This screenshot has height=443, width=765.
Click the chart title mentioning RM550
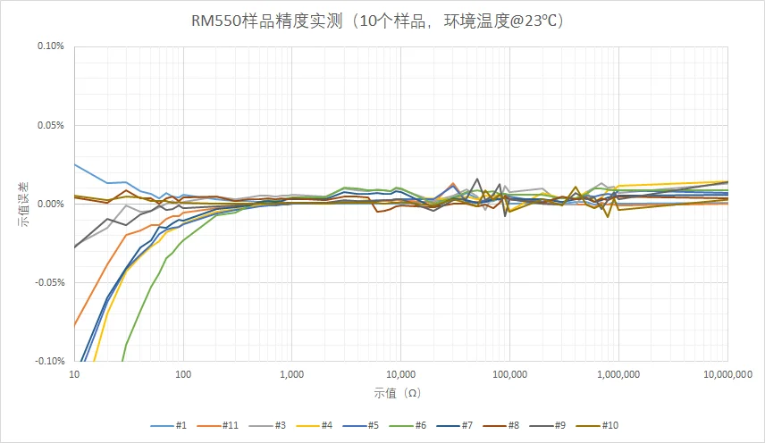point(382,20)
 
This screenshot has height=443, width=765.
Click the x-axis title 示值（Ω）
point(399,393)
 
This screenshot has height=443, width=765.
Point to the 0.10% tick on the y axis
point(51,46)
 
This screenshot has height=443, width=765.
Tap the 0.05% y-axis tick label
point(51,125)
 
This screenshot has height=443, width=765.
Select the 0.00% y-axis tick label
point(51,204)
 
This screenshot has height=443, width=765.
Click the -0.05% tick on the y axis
point(49,282)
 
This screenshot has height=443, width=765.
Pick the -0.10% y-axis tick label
point(49,361)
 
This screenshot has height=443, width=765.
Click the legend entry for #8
point(501,425)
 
